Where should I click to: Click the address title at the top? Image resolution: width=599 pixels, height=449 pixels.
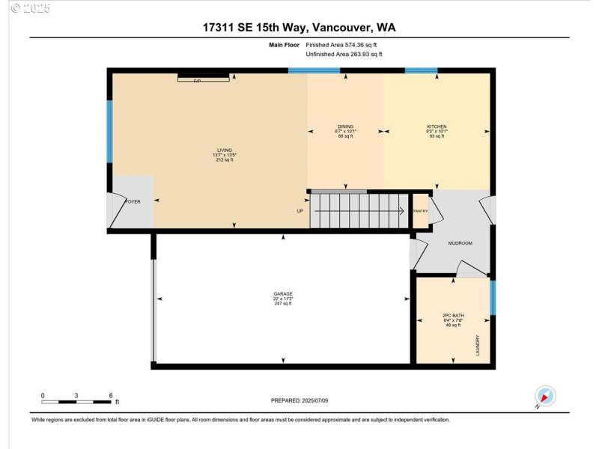[x=299, y=28]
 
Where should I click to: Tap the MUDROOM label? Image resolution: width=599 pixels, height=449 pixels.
[x=460, y=243]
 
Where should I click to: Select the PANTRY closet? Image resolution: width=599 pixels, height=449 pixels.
[x=420, y=211]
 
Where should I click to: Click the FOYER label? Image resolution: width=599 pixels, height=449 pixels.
[x=133, y=201]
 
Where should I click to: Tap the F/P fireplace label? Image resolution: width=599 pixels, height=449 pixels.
[x=198, y=80]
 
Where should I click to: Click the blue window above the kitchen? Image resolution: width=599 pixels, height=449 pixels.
[x=421, y=71]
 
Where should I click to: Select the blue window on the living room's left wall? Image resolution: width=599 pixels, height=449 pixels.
[x=109, y=132]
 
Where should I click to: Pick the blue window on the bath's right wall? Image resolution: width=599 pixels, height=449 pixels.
[x=492, y=297]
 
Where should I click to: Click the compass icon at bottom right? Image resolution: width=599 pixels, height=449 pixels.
[x=545, y=396]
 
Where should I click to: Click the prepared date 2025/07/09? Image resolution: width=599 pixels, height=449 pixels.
[x=299, y=400]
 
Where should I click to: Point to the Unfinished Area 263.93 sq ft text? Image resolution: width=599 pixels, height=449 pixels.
[x=345, y=55]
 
